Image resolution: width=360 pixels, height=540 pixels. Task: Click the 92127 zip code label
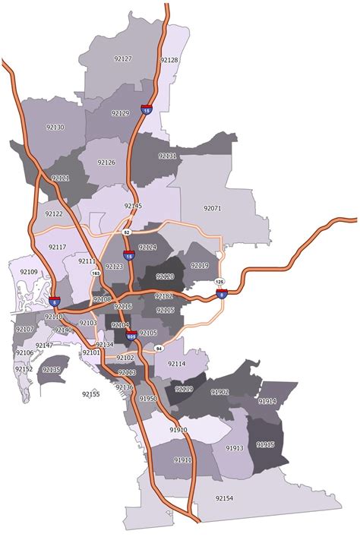pyautogui.click(x=122, y=58)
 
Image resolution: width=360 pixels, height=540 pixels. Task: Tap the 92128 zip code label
pyautogui.click(x=169, y=59)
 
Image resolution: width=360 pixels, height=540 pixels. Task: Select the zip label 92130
pyautogui.click(x=55, y=127)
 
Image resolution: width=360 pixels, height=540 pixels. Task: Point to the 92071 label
pyautogui.click(x=213, y=207)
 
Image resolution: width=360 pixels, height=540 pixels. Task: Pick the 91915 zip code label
pyautogui.click(x=266, y=444)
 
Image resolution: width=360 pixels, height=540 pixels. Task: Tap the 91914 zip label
pyautogui.click(x=267, y=400)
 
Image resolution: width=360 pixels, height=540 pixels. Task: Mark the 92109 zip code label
pyautogui.click(x=29, y=271)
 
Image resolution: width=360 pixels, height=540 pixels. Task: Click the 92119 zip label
pyautogui.click(x=200, y=265)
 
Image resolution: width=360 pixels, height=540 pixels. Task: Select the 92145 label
pyautogui.click(x=133, y=206)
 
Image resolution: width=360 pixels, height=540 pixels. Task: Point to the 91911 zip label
pyautogui.click(x=182, y=459)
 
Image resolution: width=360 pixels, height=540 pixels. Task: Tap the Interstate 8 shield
pyautogui.click(x=221, y=293)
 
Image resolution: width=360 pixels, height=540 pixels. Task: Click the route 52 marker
pyautogui.click(x=128, y=231)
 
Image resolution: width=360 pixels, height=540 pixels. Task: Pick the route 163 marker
pyautogui.click(x=96, y=272)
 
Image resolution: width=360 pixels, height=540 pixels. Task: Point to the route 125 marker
pyautogui.click(x=220, y=281)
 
